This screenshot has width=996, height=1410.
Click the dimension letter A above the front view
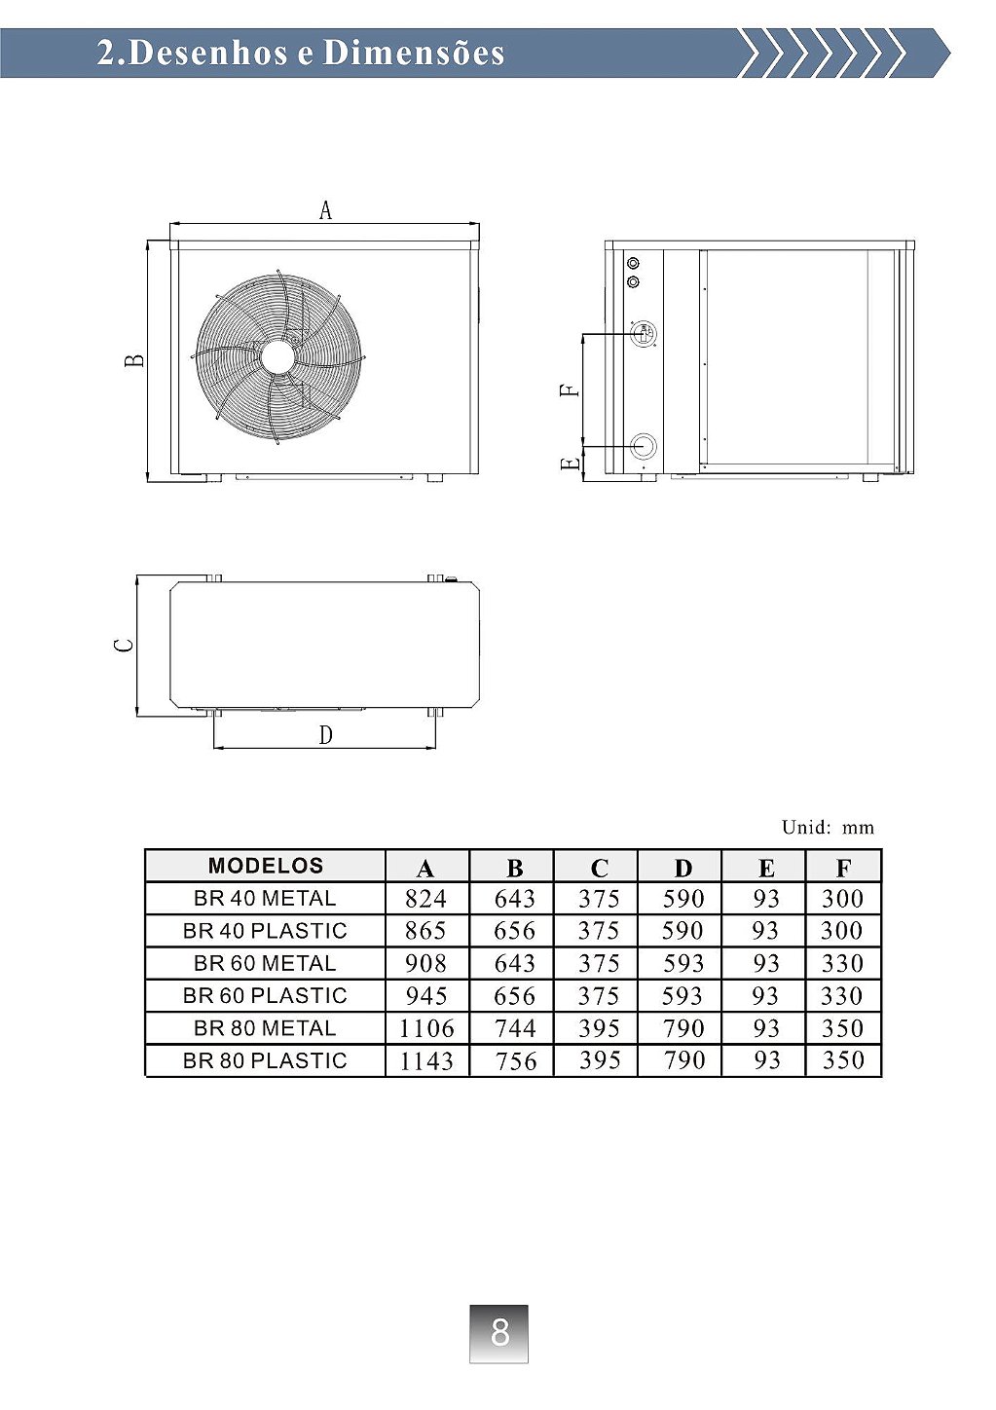325,210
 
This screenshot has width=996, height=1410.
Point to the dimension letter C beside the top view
124,646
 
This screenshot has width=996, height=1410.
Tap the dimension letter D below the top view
325,735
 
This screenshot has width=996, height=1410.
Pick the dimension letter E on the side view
570,464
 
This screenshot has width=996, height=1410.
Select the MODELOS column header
266,866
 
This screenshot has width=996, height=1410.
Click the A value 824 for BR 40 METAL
426,898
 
